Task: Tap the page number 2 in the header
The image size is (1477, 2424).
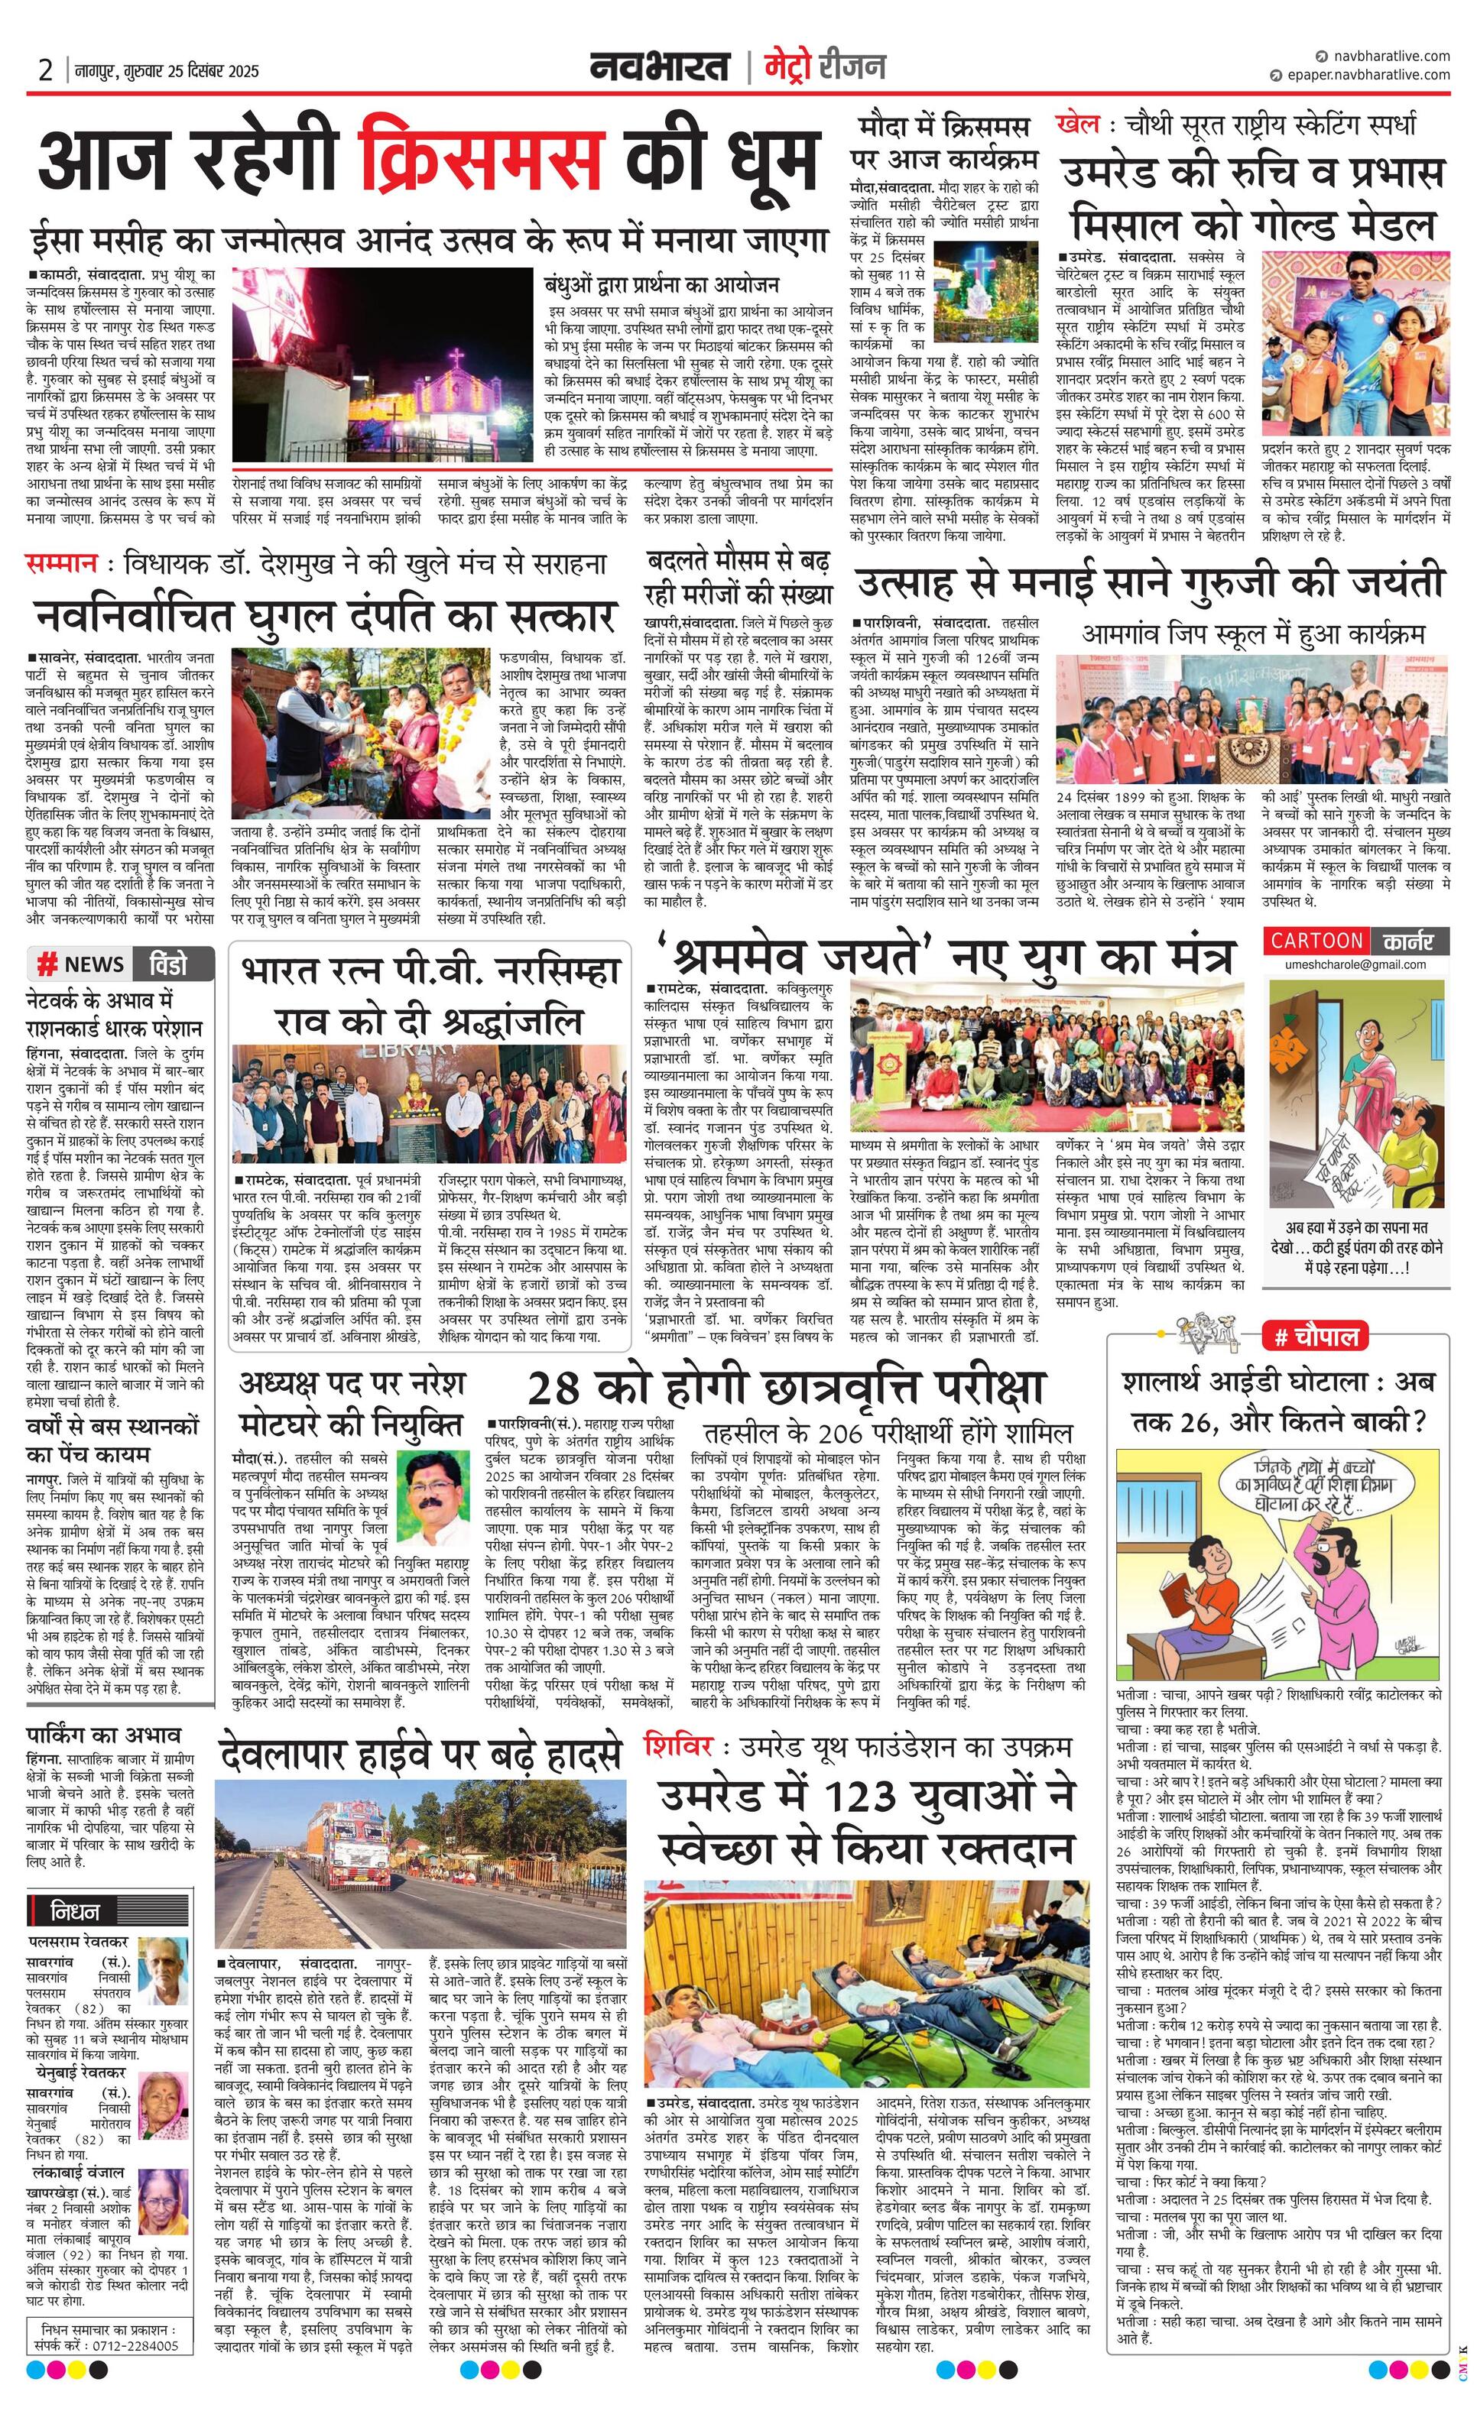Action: click(45, 71)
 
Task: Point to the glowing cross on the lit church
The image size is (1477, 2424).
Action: click(456, 359)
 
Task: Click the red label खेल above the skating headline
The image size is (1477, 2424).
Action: click(1076, 125)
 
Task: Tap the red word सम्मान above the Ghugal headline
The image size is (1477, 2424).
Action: click(61, 564)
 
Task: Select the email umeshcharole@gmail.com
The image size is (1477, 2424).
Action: click(1355, 964)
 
